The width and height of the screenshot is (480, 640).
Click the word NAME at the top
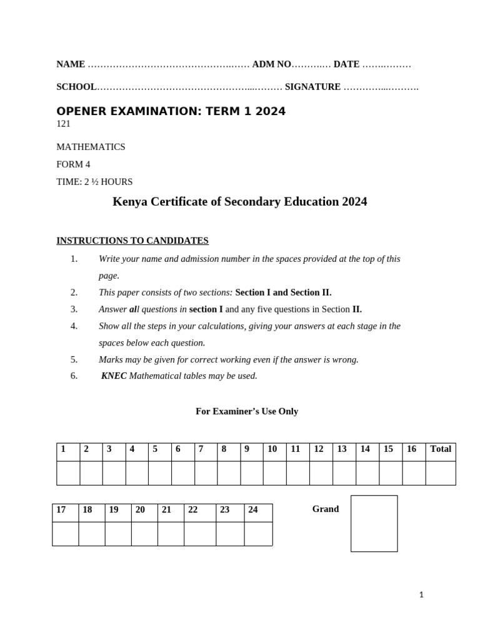(x=71, y=64)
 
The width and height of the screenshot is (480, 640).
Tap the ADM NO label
(x=271, y=64)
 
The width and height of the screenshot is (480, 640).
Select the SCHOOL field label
(x=76, y=87)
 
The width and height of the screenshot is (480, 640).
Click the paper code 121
(x=63, y=124)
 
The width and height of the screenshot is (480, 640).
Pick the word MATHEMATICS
(x=91, y=147)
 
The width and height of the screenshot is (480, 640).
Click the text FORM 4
(x=73, y=164)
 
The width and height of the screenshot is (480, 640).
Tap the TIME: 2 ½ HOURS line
(x=94, y=182)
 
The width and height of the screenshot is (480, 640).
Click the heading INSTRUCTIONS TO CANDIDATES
(x=132, y=241)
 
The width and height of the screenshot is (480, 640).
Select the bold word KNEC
(x=114, y=376)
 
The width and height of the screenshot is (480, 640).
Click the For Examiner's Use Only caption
(x=247, y=411)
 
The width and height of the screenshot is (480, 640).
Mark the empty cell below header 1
(x=68, y=473)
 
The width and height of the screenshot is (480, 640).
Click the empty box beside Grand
(x=374, y=523)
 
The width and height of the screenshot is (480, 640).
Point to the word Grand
(x=326, y=509)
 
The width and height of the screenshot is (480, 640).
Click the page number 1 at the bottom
(x=421, y=595)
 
